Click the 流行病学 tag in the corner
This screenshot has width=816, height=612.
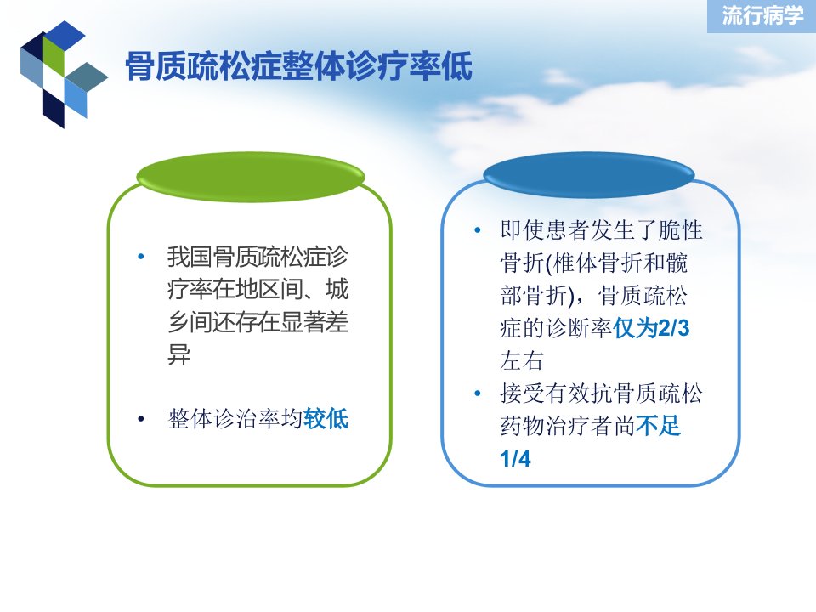(x=762, y=15)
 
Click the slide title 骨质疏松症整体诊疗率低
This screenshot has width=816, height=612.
(x=298, y=66)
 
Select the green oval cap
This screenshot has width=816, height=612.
(x=250, y=176)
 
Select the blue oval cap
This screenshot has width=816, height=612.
(x=588, y=174)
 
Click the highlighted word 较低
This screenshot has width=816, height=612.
(x=326, y=419)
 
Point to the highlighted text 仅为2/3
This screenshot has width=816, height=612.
(x=651, y=328)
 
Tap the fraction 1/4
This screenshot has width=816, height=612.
(x=515, y=459)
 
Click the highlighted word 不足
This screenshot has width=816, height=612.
(x=658, y=426)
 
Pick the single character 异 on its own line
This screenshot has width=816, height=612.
(x=179, y=354)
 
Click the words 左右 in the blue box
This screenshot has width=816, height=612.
(x=522, y=360)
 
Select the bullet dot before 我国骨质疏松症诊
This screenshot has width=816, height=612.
(x=140, y=257)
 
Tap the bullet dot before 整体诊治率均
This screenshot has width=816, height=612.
(x=140, y=419)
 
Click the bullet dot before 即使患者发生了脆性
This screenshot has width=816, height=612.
(x=477, y=230)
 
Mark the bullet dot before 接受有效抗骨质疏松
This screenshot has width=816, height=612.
(x=477, y=394)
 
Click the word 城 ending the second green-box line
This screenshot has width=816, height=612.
(x=337, y=289)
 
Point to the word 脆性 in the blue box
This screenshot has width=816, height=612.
(x=680, y=230)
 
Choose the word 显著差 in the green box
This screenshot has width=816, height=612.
(x=314, y=322)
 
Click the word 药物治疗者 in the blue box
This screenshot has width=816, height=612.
(x=556, y=426)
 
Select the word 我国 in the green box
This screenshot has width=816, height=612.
(x=190, y=257)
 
